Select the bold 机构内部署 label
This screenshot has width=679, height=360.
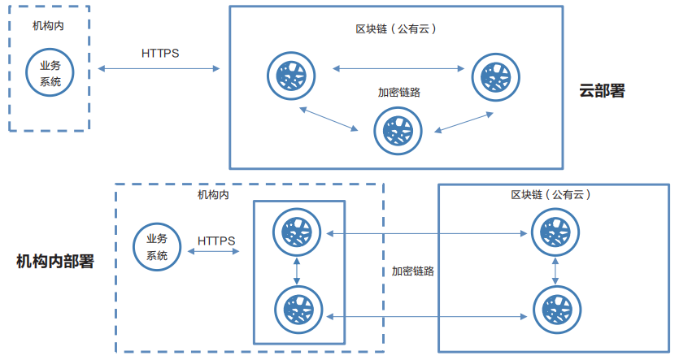pyautogui.click(x=55, y=261)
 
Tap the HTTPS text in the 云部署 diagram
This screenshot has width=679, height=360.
pyautogui.click(x=160, y=54)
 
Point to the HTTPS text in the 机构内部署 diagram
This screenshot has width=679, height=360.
pyautogui.click(x=216, y=241)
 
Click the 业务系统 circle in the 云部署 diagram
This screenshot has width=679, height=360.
pyautogui.click(x=50, y=72)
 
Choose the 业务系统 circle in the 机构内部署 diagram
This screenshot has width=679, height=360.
pyautogui.click(x=158, y=247)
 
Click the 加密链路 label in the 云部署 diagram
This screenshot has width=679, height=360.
pyautogui.click(x=398, y=92)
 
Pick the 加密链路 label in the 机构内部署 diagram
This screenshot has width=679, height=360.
pyautogui.click(x=412, y=271)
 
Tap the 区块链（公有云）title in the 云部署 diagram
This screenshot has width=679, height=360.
pyautogui.click(x=398, y=28)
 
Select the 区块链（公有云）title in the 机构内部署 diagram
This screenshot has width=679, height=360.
pyautogui.click(x=551, y=195)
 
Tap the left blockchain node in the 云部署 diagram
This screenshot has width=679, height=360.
pyautogui.click(x=290, y=75)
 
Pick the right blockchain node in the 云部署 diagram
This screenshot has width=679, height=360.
pyautogui.click(x=494, y=75)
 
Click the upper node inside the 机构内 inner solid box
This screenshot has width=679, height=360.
pyautogui.click(x=297, y=232)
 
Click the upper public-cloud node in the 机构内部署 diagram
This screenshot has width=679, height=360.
pyautogui.click(x=555, y=232)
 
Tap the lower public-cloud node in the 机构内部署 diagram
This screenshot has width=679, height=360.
pyautogui.click(x=556, y=310)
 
